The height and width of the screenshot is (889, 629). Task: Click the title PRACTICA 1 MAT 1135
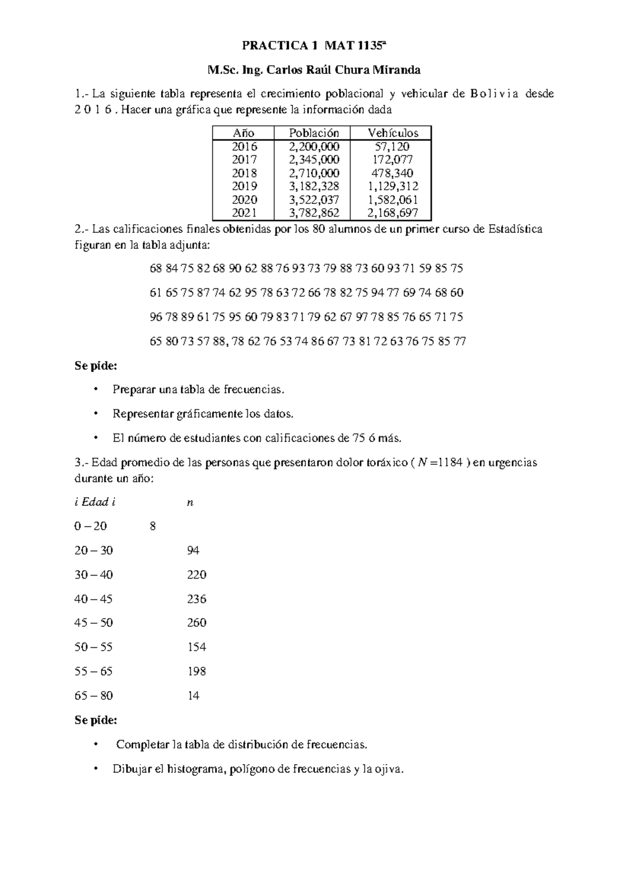(x=313, y=46)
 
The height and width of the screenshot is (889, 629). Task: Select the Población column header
(x=314, y=133)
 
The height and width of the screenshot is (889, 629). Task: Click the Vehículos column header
(x=393, y=133)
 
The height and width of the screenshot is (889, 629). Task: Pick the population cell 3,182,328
(x=314, y=186)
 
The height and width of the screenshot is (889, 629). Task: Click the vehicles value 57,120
(x=393, y=147)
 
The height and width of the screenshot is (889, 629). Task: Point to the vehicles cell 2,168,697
(x=393, y=213)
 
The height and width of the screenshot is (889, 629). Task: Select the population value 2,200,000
(x=314, y=147)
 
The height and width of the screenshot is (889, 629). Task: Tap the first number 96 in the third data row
(x=156, y=317)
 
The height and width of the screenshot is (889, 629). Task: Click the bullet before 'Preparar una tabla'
(x=95, y=389)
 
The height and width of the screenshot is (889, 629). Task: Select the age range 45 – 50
(x=93, y=623)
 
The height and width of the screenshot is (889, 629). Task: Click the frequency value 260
(x=197, y=623)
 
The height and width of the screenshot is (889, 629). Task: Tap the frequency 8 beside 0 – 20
(x=153, y=526)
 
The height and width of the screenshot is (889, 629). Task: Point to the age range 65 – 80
(x=93, y=696)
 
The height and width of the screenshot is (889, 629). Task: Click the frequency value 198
(x=197, y=671)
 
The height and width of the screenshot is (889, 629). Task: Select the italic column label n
(x=190, y=502)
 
